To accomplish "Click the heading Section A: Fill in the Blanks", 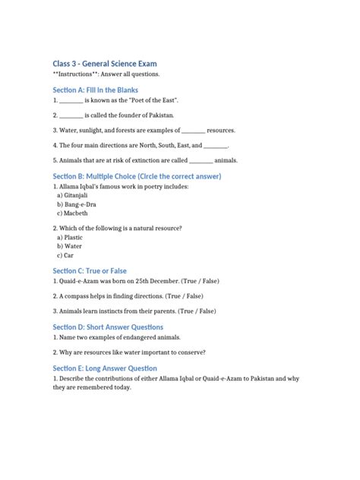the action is pyautogui.click(x=95, y=90).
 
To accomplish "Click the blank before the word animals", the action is pyautogui.click(x=201, y=160).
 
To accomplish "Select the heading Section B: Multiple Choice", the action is pyautogui.click(x=137, y=175).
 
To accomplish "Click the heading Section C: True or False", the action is pyautogui.click(x=90, y=271).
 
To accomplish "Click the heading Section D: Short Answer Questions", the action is pyautogui.click(x=108, y=327).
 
